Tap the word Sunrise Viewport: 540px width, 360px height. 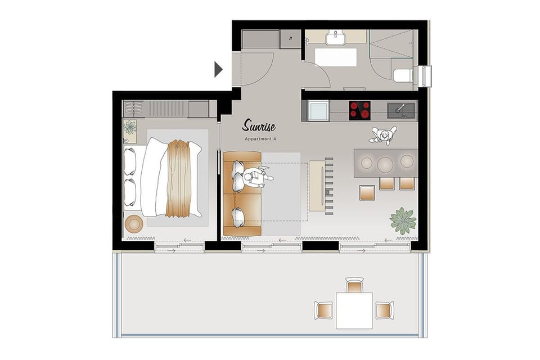click(x=259, y=125)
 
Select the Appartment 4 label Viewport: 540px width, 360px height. click(x=260, y=138)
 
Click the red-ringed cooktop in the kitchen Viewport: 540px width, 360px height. click(x=360, y=110)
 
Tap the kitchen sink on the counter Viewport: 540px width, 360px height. click(x=401, y=109)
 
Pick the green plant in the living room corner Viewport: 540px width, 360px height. click(x=403, y=220)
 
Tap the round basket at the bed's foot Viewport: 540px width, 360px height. click(x=134, y=224)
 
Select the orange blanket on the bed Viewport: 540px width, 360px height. click(x=180, y=178)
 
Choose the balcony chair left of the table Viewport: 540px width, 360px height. click(x=323, y=310)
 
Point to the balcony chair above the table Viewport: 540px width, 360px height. click(x=354, y=286)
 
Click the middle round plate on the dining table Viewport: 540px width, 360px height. click(x=385, y=164)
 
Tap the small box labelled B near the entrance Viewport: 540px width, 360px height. click(x=291, y=38)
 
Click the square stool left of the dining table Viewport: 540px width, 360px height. click(x=367, y=192)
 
